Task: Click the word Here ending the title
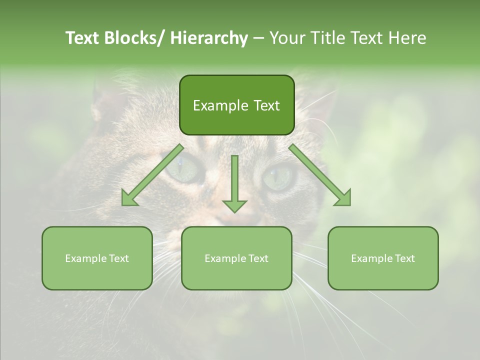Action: tap(407, 38)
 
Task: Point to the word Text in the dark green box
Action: tap(266, 105)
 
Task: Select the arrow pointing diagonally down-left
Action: tap(152, 175)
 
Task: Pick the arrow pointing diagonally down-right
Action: tap(320, 175)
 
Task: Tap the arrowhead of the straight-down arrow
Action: tap(234, 205)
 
